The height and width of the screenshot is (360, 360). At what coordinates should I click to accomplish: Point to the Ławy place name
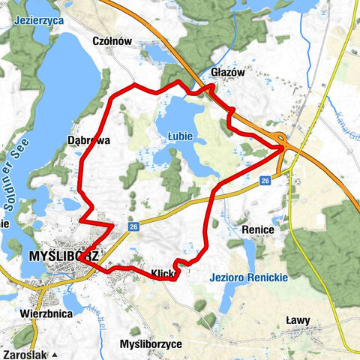tap(298, 320)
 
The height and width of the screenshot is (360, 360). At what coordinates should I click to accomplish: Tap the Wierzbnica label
tap(47, 313)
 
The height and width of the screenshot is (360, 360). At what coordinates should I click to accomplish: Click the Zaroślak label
tap(27, 353)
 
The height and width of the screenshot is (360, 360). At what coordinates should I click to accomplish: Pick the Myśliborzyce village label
tap(150, 344)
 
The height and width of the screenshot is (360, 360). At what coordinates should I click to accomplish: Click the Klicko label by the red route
tap(164, 274)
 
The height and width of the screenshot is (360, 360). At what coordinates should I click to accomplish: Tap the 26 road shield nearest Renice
tap(265, 181)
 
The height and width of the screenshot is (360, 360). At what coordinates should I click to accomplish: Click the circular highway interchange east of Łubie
tap(280, 139)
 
